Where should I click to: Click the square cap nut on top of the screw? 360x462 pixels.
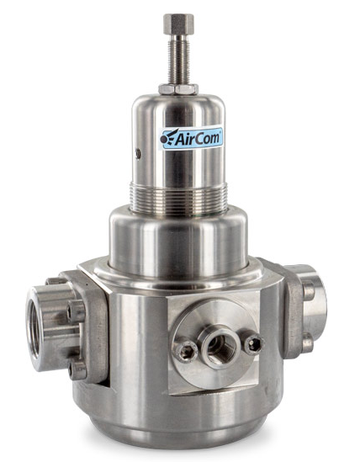point(178,24)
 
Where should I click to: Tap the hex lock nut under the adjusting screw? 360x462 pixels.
point(178,89)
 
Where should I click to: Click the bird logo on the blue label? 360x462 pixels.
point(169,137)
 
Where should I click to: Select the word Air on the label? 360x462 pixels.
point(186,139)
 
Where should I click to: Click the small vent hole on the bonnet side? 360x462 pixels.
point(138,154)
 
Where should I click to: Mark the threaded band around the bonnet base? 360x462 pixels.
point(178,197)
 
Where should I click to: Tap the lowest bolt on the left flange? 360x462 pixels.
point(77,370)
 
